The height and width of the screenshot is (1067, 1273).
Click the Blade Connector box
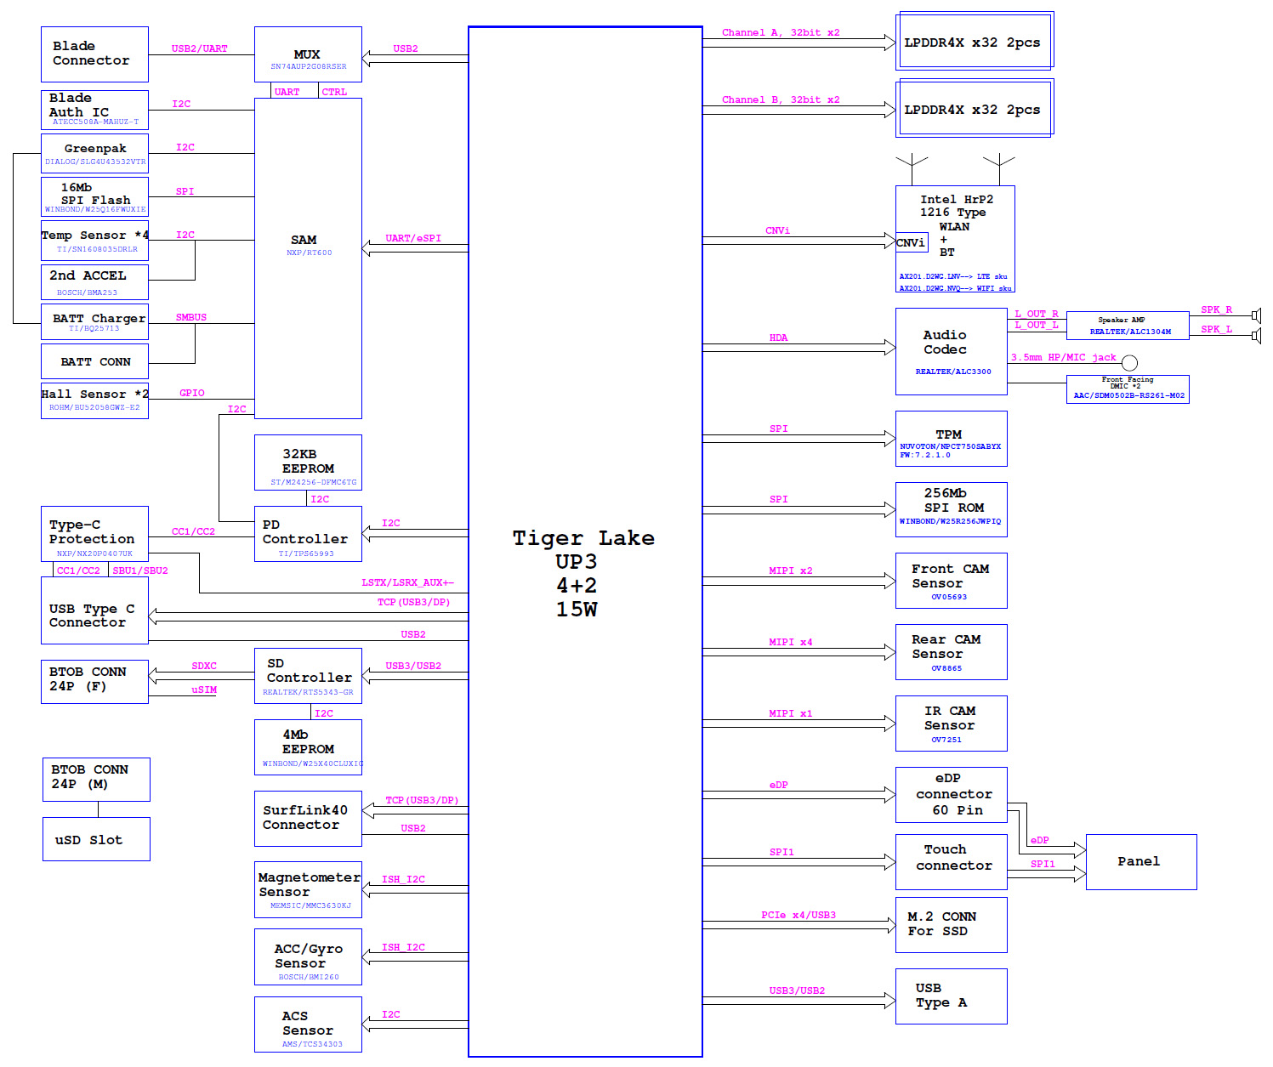tap(94, 54)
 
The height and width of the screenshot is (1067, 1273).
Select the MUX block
tap(308, 54)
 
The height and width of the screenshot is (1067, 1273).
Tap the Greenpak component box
tap(94, 154)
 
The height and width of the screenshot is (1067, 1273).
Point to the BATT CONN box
tap(94, 361)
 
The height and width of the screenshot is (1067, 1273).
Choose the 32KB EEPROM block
tap(308, 463)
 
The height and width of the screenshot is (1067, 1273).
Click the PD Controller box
tap(308, 534)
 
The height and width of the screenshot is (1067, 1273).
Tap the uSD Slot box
tap(96, 839)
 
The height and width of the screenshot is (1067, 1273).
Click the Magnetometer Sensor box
tap(308, 889)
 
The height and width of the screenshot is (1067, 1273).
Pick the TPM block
tap(951, 439)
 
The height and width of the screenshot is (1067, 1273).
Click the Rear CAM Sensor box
tap(951, 652)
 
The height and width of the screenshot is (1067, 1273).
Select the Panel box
tap(1140, 862)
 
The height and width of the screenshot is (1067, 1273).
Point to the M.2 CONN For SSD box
tap(951, 925)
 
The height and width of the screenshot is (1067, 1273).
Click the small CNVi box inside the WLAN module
tap(911, 243)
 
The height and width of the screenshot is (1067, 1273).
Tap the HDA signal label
tap(778, 338)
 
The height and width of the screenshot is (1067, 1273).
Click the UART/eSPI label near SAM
tap(413, 239)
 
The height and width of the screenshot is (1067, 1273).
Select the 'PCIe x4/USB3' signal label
tap(798, 916)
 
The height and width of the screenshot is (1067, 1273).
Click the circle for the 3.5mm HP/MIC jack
tap(1129, 363)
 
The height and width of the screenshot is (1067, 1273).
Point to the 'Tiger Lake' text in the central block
tap(583, 538)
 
